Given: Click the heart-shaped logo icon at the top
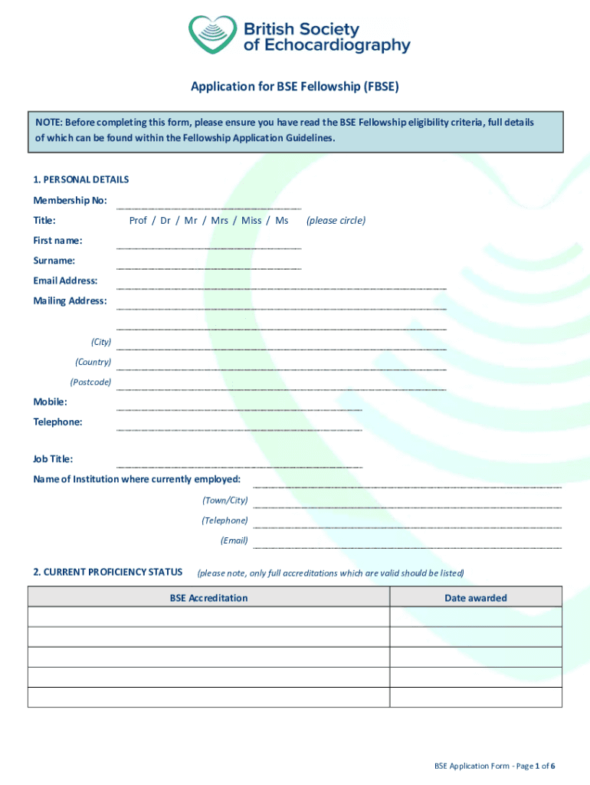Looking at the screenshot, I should point(213,35).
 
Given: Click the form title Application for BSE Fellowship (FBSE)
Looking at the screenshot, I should point(295,87).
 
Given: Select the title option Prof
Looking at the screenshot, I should point(138,221).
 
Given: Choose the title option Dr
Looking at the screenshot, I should point(165,221).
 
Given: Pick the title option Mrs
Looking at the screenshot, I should point(219,221).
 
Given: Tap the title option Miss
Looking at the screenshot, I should point(251,221).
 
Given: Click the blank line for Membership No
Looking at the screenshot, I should point(208,207).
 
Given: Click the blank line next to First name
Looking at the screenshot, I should point(208,247).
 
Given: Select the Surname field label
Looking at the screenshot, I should point(54,261).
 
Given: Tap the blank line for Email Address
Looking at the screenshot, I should point(280,287).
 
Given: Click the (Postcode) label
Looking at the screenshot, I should point(90,382).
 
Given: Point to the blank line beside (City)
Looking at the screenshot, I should point(280,347).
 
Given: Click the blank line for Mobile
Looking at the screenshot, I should point(238,408).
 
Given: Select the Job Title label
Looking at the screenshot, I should point(53,459).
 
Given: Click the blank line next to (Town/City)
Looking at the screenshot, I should point(407,506).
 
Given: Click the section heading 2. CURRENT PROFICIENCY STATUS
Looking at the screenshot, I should point(107,572).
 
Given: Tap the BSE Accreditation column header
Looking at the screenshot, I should point(208,598).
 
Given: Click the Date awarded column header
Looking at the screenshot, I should point(475,598).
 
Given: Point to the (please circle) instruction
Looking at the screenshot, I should point(336,221).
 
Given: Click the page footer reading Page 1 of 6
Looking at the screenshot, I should point(494,766).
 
